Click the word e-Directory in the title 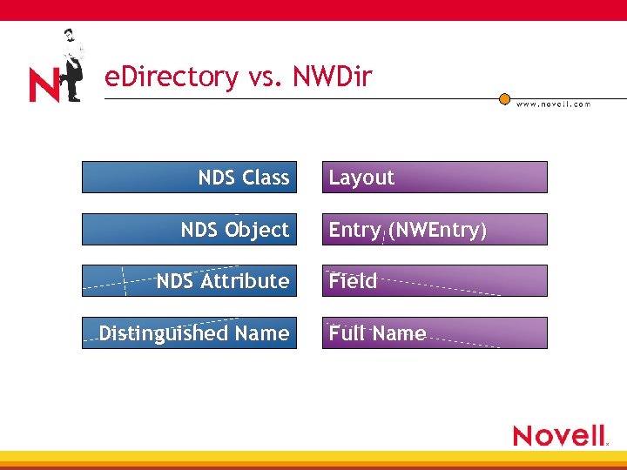(x=171, y=77)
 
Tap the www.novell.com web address (x=553, y=104)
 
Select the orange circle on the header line (x=504, y=99)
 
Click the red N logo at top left (x=44, y=85)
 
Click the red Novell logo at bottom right (x=559, y=435)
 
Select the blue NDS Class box (x=189, y=177)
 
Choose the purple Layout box (x=435, y=177)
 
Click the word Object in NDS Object (x=257, y=230)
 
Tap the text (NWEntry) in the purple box (x=437, y=230)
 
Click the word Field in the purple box (x=353, y=281)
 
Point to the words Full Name (x=377, y=333)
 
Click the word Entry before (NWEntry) (x=354, y=230)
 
